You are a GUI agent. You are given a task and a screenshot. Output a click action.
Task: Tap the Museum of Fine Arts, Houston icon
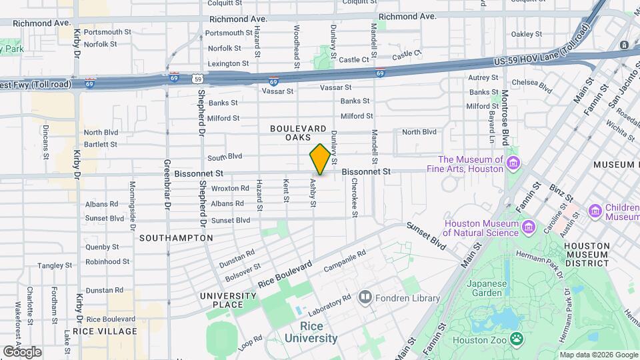(x=513, y=163)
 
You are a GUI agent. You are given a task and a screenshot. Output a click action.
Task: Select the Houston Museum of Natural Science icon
(x=529, y=227)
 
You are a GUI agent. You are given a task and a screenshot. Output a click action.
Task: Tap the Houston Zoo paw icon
(x=517, y=339)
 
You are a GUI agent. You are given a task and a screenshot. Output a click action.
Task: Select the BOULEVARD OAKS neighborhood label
(x=298, y=133)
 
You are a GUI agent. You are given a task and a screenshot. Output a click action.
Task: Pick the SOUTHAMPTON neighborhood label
(x=176, y=237)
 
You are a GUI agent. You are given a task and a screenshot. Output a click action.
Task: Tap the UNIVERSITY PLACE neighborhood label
(x=227, y=300)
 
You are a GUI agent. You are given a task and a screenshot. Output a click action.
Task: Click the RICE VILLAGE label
(x=105, y=331)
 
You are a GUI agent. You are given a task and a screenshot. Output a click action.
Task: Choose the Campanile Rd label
(x=345, y=261)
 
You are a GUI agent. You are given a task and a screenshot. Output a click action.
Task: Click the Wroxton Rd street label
(x=229, y=188)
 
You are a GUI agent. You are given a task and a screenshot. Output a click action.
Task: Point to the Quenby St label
(x=102, y=246)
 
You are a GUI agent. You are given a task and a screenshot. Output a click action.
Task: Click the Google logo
(x=22, y=351)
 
